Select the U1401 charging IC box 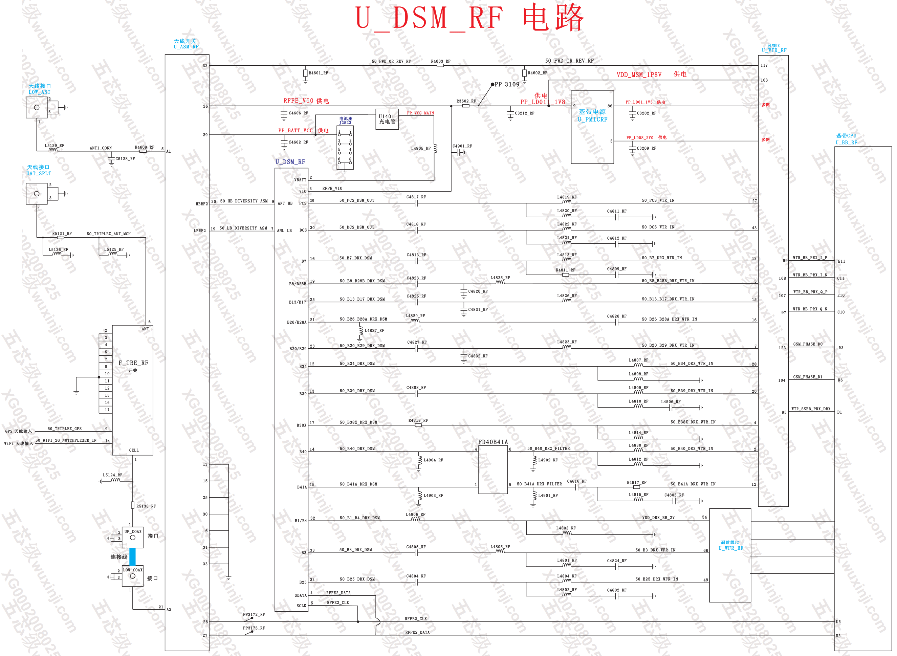click(x=387, y=119)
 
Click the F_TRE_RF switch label click(x=133, y=363)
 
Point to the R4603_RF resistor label click(x=440, y=61)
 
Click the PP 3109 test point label click(x=507, y=84)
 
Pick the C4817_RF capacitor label click(x=416, y=197)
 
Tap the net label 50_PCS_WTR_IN click(x=658, y=200)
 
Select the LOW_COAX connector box click(x=132, y=576)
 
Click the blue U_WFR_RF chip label click(x=730, y=548)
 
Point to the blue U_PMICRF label click(x=592, y=119)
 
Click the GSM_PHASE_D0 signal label click(x=808, y=344)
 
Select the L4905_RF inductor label click(x=420, y=149)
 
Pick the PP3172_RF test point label click(x=254, y=614)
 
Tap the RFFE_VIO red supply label click(x=299, y=101)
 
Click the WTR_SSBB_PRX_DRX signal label click(x=810, y=409)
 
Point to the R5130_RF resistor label click(x=146, y=506)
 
